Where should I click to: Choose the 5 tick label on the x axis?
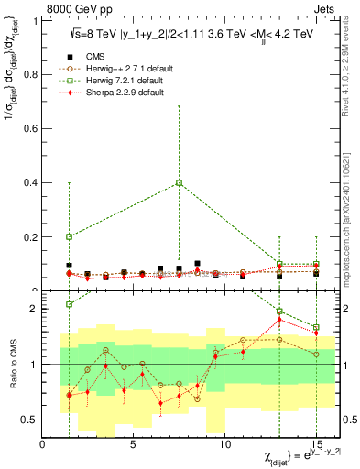(x=134, y=445)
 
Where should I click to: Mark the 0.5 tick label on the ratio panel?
(x=29, y=420)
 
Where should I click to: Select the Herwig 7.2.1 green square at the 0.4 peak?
(x=179, y=182)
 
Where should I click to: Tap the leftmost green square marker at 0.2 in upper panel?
(x=69, y=236)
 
